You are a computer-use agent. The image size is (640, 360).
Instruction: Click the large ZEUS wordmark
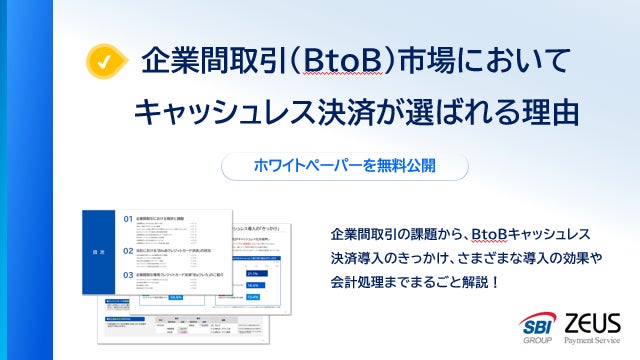(x=593, y=322)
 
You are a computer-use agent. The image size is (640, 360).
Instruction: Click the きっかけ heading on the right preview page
(x=263, y=229)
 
